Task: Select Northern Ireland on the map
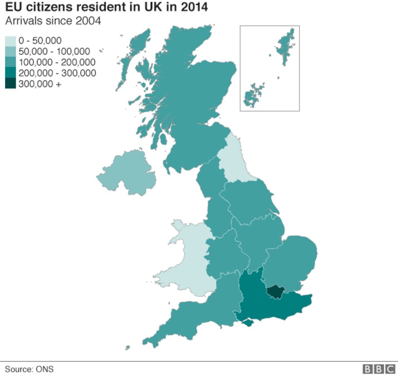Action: (x=126, y=173)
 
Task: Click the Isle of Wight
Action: (x=248, y=322)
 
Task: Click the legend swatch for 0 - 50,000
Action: (x=11, y=41)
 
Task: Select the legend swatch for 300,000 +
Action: (x=11, y=84)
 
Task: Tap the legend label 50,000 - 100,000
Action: (x=54, y=52)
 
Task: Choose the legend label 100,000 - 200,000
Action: (x=57, y=62)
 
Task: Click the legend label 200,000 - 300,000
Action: (x=57, y=73)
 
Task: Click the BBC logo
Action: (x=379, y=369)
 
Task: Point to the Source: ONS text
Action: (x=29, y=369)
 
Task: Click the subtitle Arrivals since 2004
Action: (x=53, y=20)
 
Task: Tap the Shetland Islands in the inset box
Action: (x=286, y=47)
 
